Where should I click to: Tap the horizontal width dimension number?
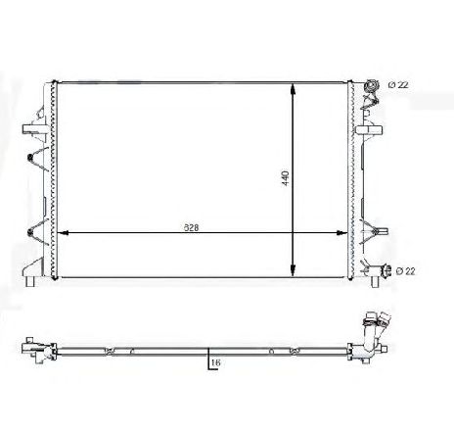[194, 227]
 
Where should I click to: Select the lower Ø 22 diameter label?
[403, 270]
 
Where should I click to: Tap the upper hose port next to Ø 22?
[370, 87]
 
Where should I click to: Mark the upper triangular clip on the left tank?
[35, 159]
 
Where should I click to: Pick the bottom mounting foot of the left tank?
[31, 283]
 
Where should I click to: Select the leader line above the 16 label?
[207, 355]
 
